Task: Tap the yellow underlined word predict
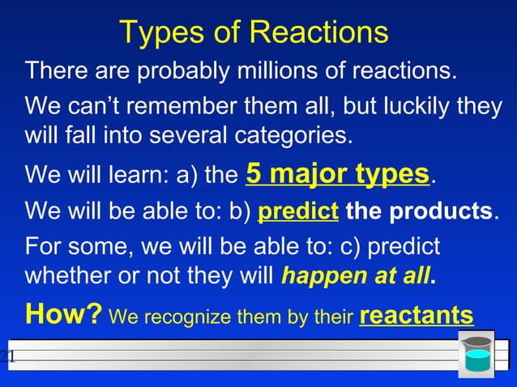click(297, 212)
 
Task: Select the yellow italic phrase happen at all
click(355, 275)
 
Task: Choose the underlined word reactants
click(416, 314)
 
